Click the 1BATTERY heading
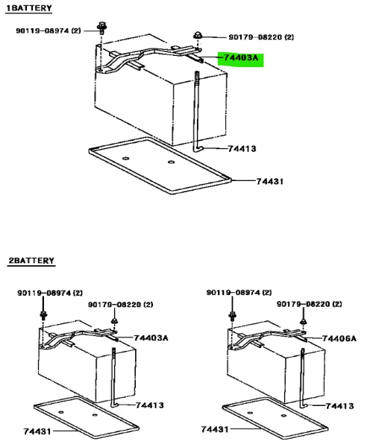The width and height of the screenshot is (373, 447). (29, 8)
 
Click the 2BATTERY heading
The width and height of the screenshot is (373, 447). (31, 261)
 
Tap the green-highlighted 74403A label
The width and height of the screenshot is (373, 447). (241, 58)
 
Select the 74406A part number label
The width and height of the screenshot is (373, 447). (339, 339)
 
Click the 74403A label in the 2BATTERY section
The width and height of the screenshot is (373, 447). (151, 337)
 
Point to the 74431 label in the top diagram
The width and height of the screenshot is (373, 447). (270, 181)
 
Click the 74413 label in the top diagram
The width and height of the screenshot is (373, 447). (242, 148)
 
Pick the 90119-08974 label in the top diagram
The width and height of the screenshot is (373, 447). (48, 31)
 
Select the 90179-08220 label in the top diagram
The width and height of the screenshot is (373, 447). (261, 37)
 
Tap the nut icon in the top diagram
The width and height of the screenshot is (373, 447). (198, 36)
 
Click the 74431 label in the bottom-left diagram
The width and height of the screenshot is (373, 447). (37, 431)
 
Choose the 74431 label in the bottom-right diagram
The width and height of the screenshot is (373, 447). (215, 429)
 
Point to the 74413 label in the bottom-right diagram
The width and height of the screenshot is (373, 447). (339, 406)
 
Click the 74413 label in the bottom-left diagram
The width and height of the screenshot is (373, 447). (150, 405)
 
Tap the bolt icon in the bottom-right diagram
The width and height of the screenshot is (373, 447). (233, 315)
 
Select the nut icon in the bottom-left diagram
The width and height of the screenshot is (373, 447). (114, 321)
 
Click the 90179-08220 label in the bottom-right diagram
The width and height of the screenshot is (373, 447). (309, 304)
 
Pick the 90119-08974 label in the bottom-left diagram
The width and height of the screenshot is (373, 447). (50, 293)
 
